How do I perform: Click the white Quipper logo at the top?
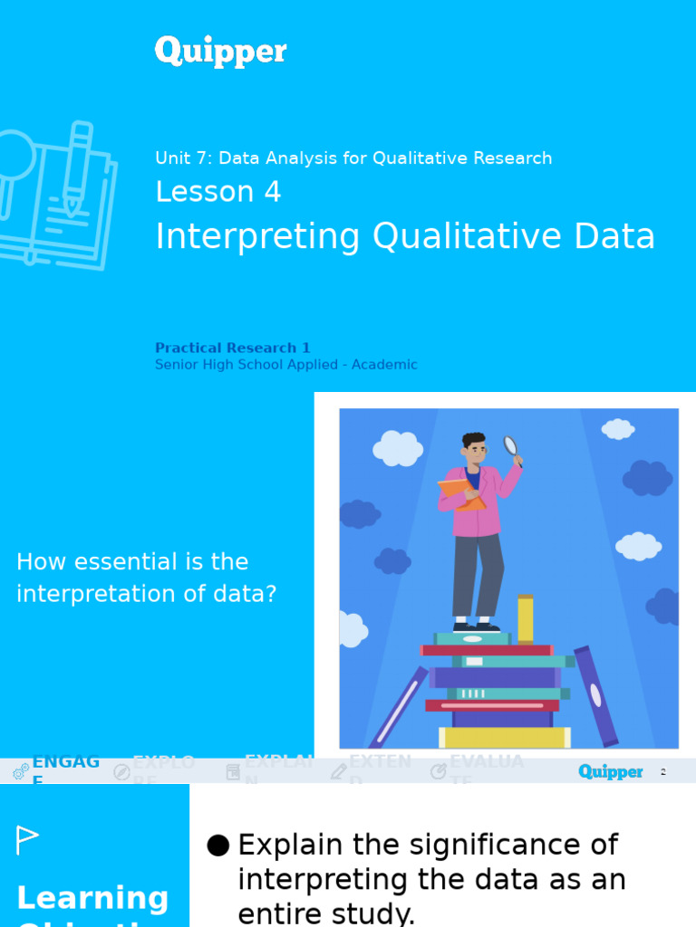click(220, 52)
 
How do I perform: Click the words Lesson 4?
click(217, 192)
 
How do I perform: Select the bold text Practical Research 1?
click(232, 348)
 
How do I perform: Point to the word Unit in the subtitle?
click(172, 158)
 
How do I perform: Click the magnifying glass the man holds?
click(511, 445)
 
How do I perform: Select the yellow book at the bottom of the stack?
click(504, 738)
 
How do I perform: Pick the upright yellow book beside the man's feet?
click(526, 618)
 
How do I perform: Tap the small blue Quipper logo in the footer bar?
click(610, 772)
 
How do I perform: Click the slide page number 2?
click(663, 772)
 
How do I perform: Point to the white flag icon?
click(27, 840)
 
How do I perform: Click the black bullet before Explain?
click(217, 846)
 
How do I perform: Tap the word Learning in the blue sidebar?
click(92, 898)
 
